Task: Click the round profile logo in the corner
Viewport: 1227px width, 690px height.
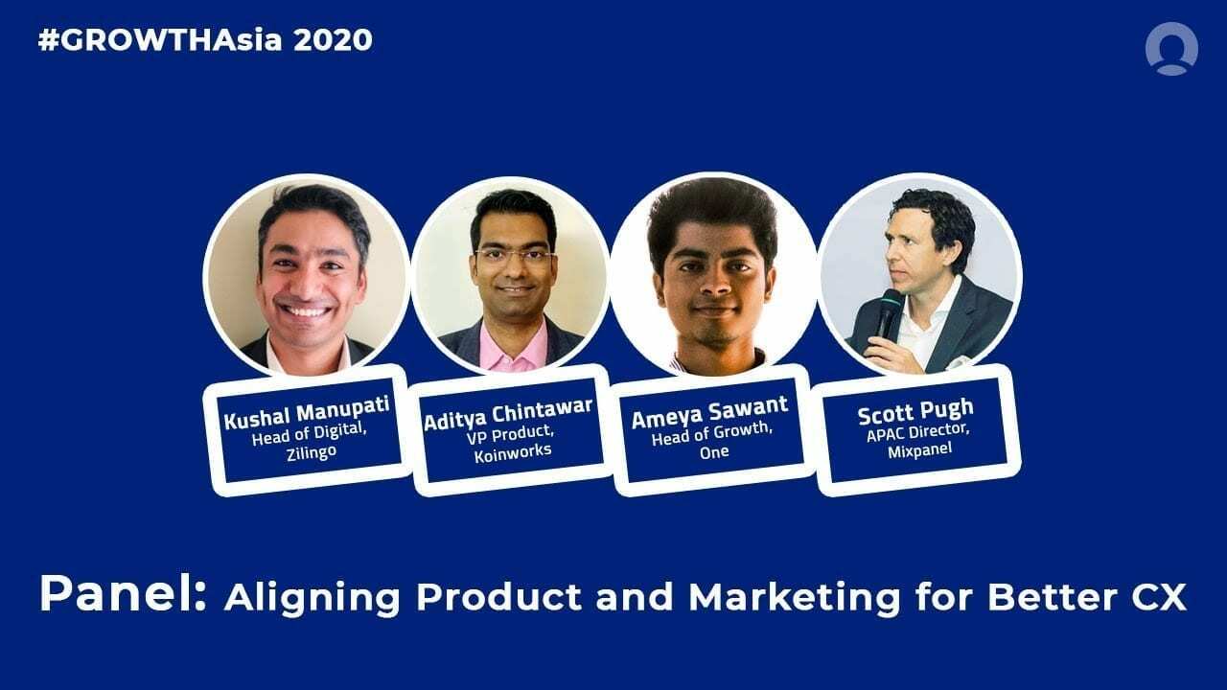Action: (x=1170, y=48)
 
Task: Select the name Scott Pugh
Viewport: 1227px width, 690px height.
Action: (x=914, y=415)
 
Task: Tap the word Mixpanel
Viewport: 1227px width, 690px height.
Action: (x=916, y=448)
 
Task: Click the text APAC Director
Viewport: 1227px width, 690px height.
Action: (x=915, y=432)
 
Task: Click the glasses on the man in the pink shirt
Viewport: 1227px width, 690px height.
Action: (x=513, y=255)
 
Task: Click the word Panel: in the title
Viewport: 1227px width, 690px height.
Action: (x=123, y=595)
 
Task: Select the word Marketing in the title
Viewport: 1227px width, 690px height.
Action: (x=795, y=597)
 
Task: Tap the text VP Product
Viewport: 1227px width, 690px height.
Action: (x=512, y=433)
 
